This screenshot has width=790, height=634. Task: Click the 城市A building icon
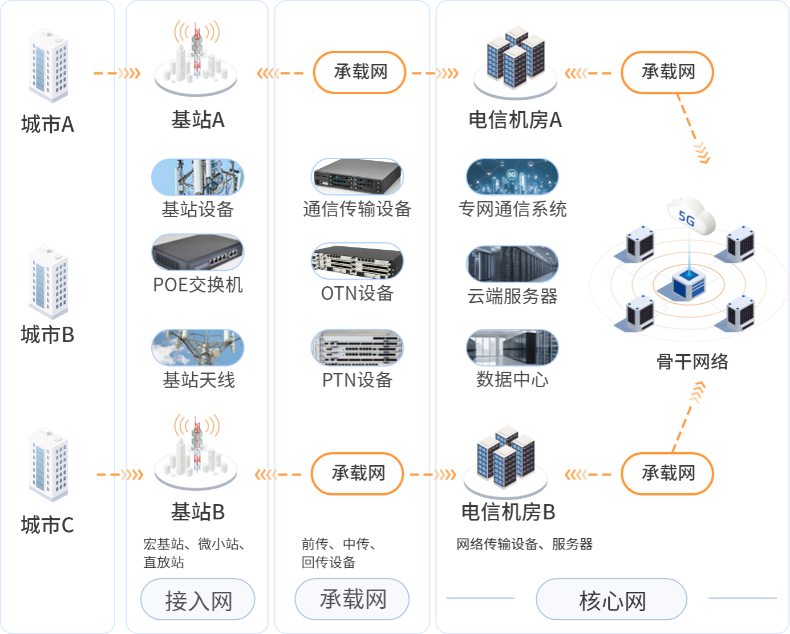coord(48,66)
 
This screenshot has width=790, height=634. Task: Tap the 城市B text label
coord(47,335)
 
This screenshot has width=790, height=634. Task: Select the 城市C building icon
coord(48,465)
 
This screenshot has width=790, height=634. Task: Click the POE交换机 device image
coord(197,252)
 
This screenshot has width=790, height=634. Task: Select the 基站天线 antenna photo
coord(197,347)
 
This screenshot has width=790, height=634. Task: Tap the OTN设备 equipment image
coord(357,262)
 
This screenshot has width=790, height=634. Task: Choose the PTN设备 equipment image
coord(357,347)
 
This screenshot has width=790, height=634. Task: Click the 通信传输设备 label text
coord(357,209)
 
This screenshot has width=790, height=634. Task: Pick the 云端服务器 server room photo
coord(512,264)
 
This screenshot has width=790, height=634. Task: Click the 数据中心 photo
coord(512,347)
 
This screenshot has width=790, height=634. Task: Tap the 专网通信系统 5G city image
coord(512,177)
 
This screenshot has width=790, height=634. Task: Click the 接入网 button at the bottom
coord(197,600)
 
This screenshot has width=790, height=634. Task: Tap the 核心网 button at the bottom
coord(611,600)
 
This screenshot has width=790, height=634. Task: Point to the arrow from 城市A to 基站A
coord(117,73)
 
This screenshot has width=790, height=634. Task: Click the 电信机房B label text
coord(508,512)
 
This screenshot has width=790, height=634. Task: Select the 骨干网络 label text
coord(692,361)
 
